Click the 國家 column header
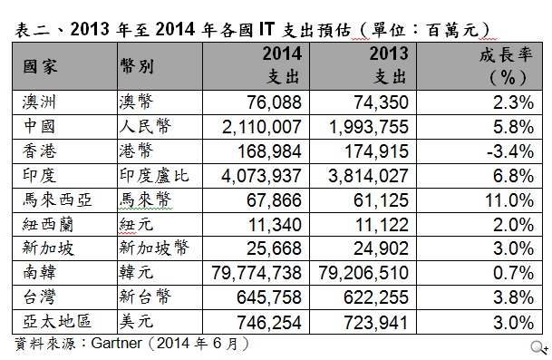coord(41,66)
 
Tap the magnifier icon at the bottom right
coord(538,347)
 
